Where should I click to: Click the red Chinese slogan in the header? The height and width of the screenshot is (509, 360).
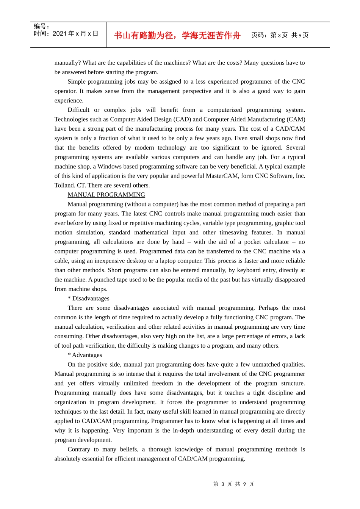click(x=177, y=35)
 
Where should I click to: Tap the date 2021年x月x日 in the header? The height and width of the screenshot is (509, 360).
click(x=75, y=34)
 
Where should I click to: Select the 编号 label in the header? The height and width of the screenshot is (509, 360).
click(x=41, y=26)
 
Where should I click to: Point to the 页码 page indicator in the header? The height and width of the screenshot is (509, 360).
click(x=280, y=35)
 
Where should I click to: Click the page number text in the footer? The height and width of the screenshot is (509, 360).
click(x=233, y=484)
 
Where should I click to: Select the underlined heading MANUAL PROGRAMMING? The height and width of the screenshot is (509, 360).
click(x=106, y=195)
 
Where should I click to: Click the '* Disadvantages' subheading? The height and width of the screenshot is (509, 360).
click(x=88, y=298)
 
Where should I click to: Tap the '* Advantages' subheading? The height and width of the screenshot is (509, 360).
click(x=85, y=355)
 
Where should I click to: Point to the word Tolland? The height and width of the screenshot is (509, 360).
click(x=64, y=185)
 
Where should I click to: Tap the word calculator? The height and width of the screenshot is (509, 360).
click(x=274, y=242)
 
